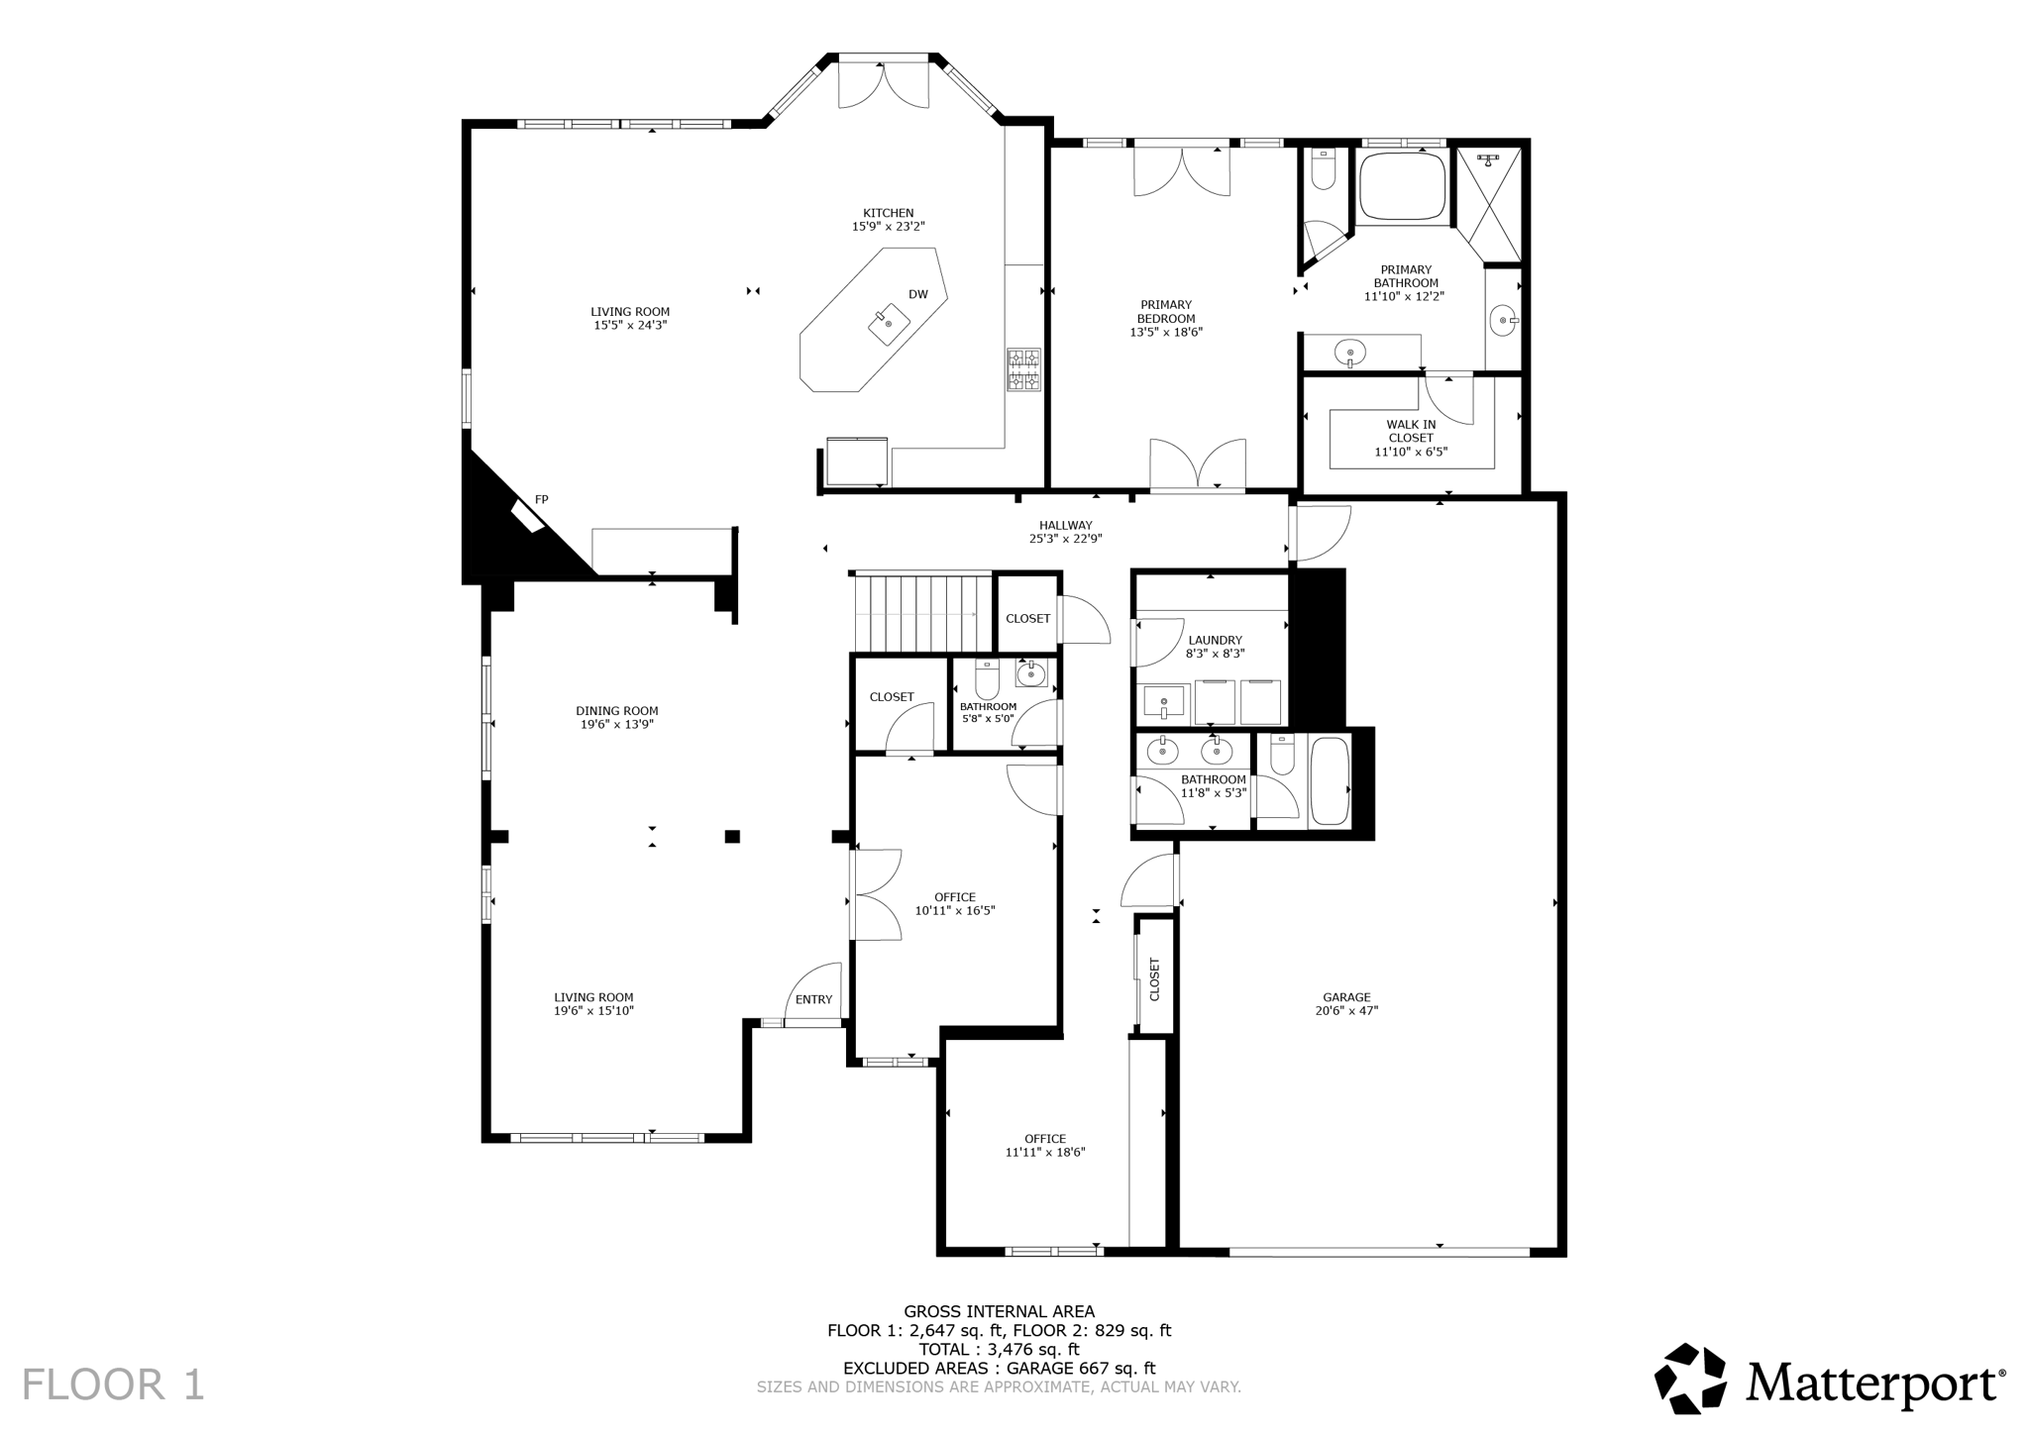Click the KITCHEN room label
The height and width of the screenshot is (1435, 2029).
[x=888, y=213]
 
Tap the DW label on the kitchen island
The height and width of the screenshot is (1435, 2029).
[x=917, y=294]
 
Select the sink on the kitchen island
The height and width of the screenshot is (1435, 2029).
[x=889, y=324]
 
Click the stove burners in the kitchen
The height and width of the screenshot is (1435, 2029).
[x=1023, y=369]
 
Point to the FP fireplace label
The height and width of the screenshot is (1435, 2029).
[x=541, y=500]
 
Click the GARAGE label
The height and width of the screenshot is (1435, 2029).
[x=1346, y=997]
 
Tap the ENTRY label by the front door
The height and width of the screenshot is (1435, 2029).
[x=813, y=999]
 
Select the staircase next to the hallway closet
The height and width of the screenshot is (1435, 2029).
[x=921, y=612]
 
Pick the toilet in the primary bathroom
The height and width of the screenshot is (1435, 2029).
[x=1323, y=170]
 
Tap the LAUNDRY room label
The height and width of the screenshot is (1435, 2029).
[x=1215, y=641]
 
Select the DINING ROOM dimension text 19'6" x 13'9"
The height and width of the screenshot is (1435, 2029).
[x=617, y=725]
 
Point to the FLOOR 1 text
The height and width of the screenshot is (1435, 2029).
[x=113, y=1384]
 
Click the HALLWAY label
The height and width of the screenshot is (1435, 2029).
[x=1065, y=526]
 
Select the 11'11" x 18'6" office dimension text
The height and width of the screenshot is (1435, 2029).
[x=1045, y=1153]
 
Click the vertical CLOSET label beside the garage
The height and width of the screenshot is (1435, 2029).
[x=1154, y=978]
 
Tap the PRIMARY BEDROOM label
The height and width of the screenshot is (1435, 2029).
[x=1165, y=312]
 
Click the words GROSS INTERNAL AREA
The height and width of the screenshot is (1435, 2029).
[x=999, y=1312]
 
